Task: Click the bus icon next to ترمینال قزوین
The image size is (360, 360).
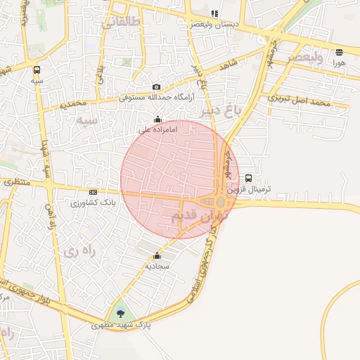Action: tap(248, 179)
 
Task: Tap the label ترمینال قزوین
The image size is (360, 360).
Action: tap(248, 189)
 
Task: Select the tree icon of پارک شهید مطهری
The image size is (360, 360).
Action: tap(120, 311)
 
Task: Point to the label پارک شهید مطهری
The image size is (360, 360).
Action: tap(122, 326)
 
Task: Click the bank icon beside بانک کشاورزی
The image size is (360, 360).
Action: tap(93, 192)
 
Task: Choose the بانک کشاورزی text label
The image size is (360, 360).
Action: tap(93, 202)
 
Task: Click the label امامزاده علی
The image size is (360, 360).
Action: tap(155, 129)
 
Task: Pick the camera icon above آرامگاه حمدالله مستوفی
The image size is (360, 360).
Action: tap(156, 87)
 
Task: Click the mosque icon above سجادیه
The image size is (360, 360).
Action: tap(156, 256)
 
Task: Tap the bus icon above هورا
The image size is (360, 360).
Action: tap(340, 51)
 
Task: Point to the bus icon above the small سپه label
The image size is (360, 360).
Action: tap(37, 70)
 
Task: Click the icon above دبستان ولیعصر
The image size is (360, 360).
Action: tap(214, 13)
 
